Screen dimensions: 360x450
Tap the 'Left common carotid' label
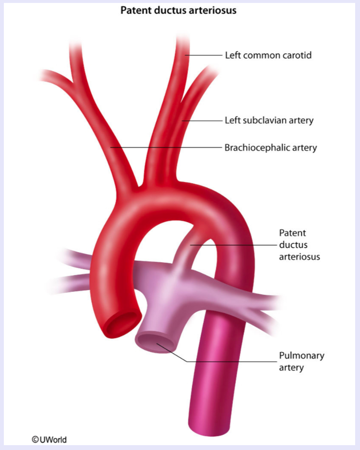pyautogui.click(x=268, y=55)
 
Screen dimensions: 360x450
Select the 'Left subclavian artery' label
pyautogui.click(x=269, y=120)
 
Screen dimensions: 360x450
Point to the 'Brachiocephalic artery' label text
pyautogui.click(x=270, y=147)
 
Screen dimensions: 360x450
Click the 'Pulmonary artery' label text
pyautogui.click(x=301, y=362)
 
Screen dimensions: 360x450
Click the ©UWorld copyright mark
pyautogui.click(x=49, y=440)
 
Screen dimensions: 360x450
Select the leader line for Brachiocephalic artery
pyautogui.click(x=165, y=147)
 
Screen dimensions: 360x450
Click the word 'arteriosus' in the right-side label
pyautogui.click(x=299, y=257)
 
